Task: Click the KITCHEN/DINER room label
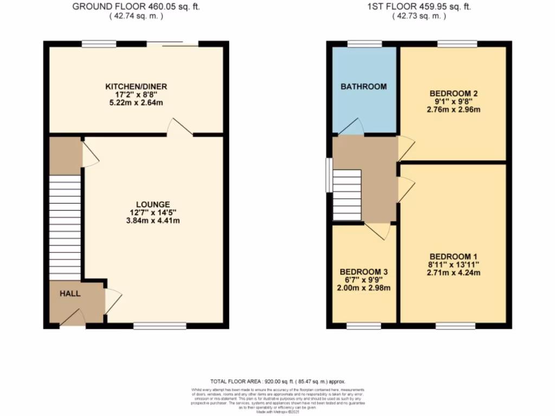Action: coord(136,86)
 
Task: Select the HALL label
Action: coord(70,294)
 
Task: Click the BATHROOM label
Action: coord(364,86)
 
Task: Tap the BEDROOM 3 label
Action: coord(364,271)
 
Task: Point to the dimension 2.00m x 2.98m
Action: coord(364,288)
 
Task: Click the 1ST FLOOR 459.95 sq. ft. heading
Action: coord(419,7)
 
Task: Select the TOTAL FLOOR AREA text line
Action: coord(277,381)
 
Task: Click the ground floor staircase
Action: coord(65,227)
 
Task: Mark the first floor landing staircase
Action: coord(347,194)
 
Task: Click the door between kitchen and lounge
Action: coord(179,128)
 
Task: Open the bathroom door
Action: coord(351,127)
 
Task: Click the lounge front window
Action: coord(160,326)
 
